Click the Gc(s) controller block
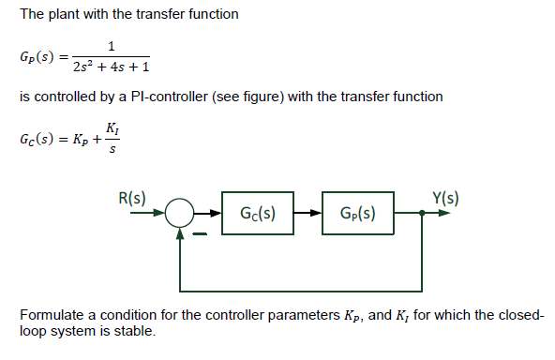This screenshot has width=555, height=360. point(258,212)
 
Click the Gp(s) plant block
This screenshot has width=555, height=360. point(357,212)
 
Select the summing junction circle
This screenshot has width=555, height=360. point(180,213)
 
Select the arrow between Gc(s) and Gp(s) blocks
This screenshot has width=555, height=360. point(308,213)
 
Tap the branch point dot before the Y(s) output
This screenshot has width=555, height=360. point(422,213)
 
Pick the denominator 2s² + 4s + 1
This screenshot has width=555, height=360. point(112,67)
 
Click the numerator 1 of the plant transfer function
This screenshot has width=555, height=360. point(112,47)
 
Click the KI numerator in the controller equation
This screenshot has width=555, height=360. point(113,127)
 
